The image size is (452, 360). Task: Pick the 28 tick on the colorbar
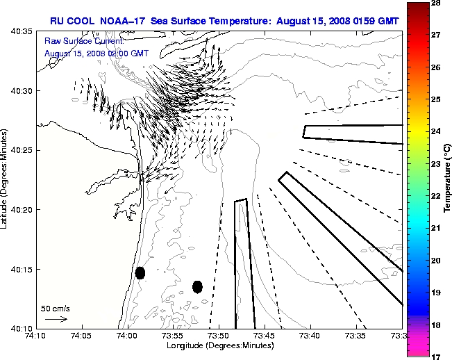click(437, 3)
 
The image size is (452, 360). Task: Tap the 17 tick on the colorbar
click(437, 356)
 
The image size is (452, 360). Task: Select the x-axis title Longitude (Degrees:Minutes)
click(218, 345)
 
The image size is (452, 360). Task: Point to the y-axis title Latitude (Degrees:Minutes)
click(5, 179)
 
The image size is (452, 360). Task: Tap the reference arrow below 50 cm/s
click(56, 319)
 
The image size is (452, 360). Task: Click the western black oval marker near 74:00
click(140, 273)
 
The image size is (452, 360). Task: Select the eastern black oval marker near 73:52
click(197, 286)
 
